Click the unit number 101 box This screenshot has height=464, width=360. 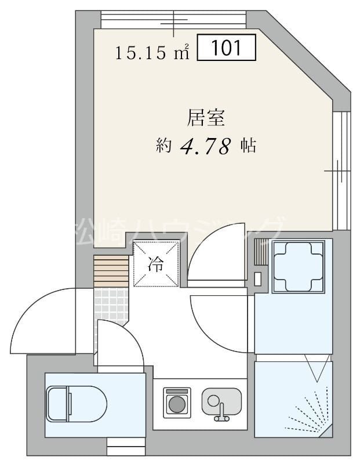(x=227, y=48)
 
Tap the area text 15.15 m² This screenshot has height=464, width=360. (x=153, y=53)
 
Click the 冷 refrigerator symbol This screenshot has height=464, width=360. (x=156, y=264)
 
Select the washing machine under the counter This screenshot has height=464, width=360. (x=178, y=402)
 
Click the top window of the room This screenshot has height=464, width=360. (x=174, y=20)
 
